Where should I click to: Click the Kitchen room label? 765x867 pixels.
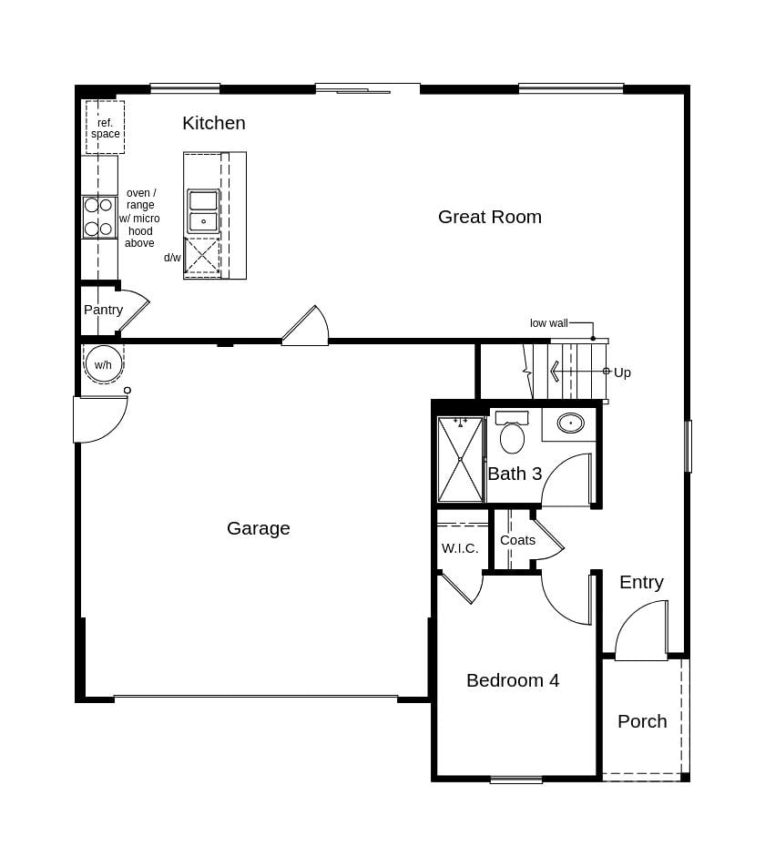click(213, 123)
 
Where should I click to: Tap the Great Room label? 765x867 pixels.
click(489, 217)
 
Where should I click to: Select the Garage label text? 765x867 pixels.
click(258, 528)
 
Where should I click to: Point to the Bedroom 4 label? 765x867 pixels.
click(512, 680)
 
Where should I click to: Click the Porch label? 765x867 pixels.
click(642, 721)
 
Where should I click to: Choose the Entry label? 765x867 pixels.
click(641, 582)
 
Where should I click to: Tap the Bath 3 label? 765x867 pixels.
click(515, 474)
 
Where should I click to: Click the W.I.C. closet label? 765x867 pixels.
click(460, 548)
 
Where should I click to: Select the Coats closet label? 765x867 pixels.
click(517, 540)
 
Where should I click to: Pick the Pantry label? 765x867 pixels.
click(103, 310)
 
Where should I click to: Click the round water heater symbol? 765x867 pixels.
click(103, 364)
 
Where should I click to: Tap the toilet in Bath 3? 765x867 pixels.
click(512, 435)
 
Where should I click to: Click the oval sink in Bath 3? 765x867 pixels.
click(571, 423)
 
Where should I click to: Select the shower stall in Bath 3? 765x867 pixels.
click(460, 460)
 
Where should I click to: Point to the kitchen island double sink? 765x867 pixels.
click(203, 210)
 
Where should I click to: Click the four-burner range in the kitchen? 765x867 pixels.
click(98, 217)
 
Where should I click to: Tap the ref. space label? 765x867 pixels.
click(105, 128)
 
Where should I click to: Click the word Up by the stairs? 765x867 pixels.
click(622, 372)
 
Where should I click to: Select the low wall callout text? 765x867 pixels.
click(548, 323)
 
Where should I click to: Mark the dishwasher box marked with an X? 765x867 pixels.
click(202, 256)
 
